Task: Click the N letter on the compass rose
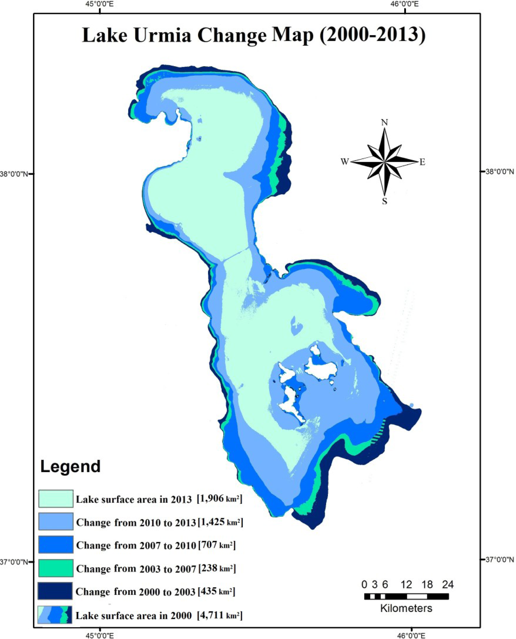[x=385, y=122]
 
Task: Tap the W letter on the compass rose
[x=345, y=162]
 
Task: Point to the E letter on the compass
[x=422, y=162]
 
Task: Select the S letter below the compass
[x=385, y=202]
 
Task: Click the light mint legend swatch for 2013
[x=55, y=499]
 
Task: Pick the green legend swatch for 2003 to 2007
[x=55, y=568]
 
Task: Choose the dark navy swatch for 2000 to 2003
[x=55, y=590]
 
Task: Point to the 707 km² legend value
[x=217, y=545]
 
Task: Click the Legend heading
[x=70, y=466]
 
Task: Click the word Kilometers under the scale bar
[x=406, y=608]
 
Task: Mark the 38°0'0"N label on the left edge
[x=14, y=174]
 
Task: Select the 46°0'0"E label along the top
[x=404, y=4]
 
